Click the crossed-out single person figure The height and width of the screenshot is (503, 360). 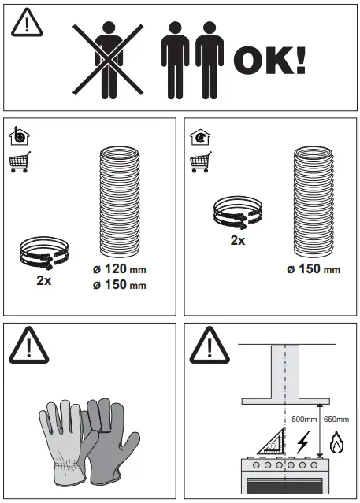(108, 59)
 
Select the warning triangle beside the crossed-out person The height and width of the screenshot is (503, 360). (27, 24)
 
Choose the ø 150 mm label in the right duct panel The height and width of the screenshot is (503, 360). (313, 269)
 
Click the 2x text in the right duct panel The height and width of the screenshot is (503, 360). (237, 240)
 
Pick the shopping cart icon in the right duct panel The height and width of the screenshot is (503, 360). (200, 163)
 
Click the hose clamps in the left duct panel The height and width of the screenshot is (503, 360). (45, 253)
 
